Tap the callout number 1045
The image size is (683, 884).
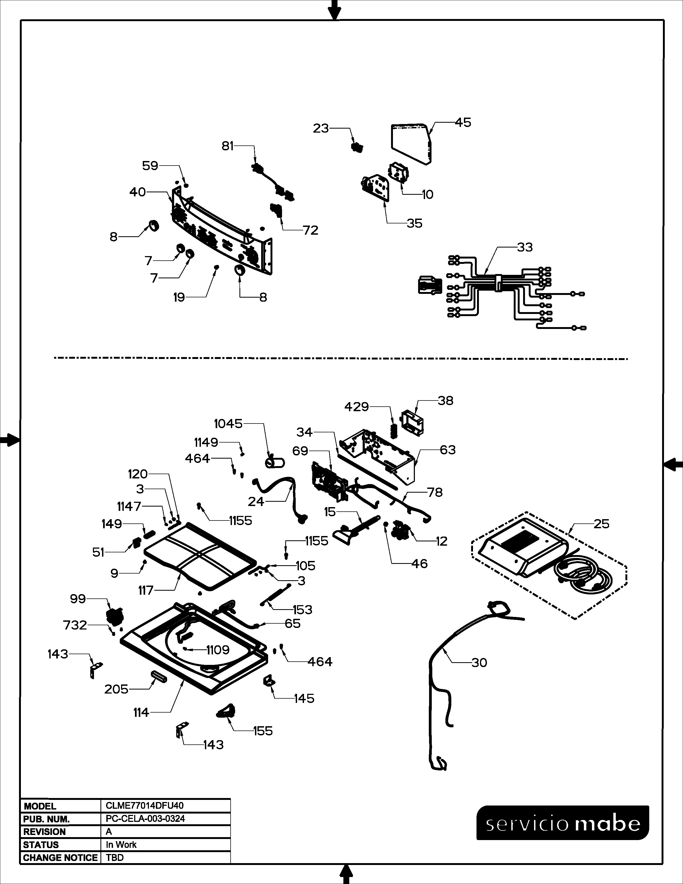pyautogui.click(x=228, y=424)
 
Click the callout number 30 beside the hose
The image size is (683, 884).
pyautogui.click(x=479, y=662)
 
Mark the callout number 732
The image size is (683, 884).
pyautogui.click(x=75, y=625)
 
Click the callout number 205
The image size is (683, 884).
pyautogui.click(x=116, y=689)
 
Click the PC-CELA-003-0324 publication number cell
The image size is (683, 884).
pyautogui.click(x=145, y=819)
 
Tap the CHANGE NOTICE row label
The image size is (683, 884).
pyautogui.click(x=60, y=858)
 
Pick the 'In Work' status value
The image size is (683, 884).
pyautogui.click(x=121, y=845)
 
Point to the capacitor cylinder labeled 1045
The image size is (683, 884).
pyautogui.click(x=275, y=462)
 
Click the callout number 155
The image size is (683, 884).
pyautogui.click(x=263, y=731)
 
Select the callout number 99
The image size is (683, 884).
pyautogui.click(x=78, y=599)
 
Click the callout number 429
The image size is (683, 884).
pyautogui.click(x=356, y=407)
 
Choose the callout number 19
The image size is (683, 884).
pyautogui.click(x=179, y=298)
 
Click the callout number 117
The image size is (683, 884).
pyautogui.click(x=146, y=591)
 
